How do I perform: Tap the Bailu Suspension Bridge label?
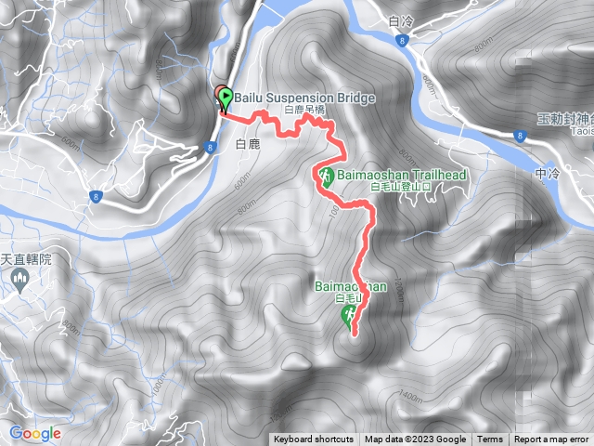(298, 98)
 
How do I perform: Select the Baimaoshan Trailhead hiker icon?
(327, 176)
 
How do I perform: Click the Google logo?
(35, 433)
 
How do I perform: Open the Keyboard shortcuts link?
(313, 439)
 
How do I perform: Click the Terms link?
(490, 439)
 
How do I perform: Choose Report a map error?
(552, 439)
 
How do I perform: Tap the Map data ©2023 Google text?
(415, 439)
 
